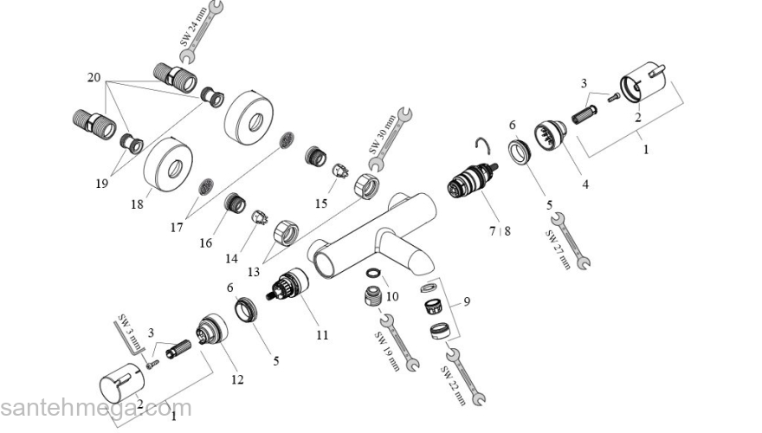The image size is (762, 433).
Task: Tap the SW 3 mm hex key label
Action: click(127, 339)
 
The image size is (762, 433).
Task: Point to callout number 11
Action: click(322, 333)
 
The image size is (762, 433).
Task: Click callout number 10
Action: click(391, 296)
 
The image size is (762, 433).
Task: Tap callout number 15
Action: click(321, 204)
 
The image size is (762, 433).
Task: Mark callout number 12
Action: click(236, 378)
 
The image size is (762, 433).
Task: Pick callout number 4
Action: click(585, 184)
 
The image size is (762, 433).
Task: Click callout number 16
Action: click(205, 243)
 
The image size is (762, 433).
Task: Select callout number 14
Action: click(230, 258)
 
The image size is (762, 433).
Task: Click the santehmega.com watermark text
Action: click(95, 409)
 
